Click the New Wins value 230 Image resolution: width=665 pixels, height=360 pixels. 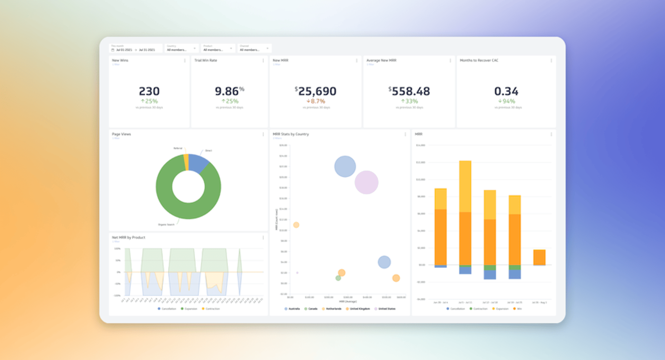[149, 91]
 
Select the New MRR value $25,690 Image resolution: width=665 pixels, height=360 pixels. [316, 91]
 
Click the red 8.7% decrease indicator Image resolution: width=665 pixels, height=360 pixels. [316, 101]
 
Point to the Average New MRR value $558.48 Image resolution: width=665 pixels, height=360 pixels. [409, 91]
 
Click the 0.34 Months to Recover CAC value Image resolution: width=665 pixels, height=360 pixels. [506, 91]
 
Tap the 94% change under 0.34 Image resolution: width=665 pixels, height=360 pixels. [506, 101]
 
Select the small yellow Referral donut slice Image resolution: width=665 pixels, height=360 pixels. [186, 162]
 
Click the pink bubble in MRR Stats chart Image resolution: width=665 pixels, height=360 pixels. [366, 182]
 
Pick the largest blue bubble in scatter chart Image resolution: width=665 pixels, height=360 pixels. [345, 166]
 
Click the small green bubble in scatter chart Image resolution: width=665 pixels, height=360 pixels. [338, 278]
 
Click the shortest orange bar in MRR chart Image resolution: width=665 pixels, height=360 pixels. [539, 257]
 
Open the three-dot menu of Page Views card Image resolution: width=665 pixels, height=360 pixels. [263, 134]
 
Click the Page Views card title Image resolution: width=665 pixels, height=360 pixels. [121, 134]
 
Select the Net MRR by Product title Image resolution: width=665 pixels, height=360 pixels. [128, 237]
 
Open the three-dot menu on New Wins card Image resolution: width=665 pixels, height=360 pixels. [185, 60]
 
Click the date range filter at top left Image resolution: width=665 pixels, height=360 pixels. [135, 50]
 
